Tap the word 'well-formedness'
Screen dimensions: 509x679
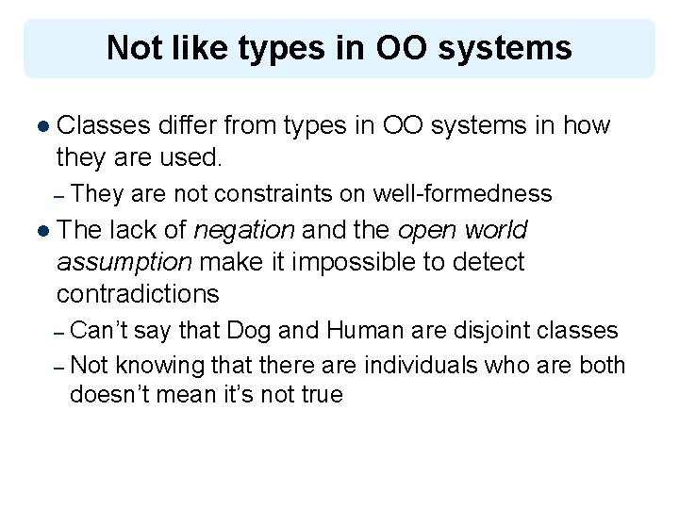(x=462, y=194)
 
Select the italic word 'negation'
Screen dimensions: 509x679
(x=243, y=230)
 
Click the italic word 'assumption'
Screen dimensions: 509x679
(x=124, y=262)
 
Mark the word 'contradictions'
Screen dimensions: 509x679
(x=138, y=294)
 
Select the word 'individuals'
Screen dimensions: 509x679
(x=411, y=365)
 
